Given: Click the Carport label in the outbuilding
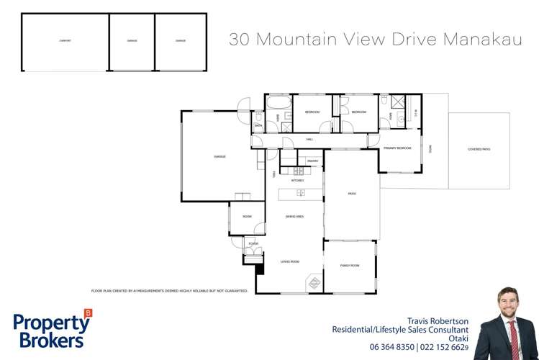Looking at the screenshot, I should (x=65, y=41).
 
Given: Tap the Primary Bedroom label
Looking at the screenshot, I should (x=398, y=148).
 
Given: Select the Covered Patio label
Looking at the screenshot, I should (x=479, y=149).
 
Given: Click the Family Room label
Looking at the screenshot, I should (x=349, y=266).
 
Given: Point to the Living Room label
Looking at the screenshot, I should (x=289, y=261).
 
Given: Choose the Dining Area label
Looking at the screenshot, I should (x=294, y=216).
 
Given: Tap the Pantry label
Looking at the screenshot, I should (x=312, y=161).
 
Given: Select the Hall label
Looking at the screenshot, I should (x=309, y=138).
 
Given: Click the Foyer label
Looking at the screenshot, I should (x=253, y=244).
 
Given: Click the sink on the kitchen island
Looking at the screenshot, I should (x=301, y=193).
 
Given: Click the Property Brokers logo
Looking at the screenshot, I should (x=52, y=330).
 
